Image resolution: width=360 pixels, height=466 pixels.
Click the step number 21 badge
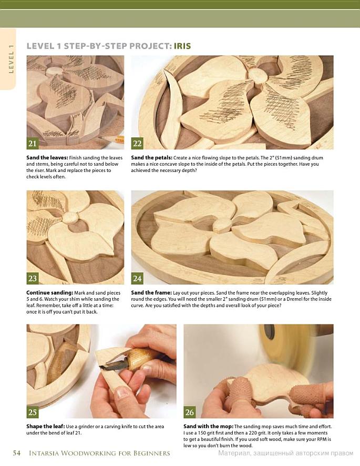(33, 143)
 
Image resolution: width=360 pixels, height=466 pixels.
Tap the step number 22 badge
(137, 143)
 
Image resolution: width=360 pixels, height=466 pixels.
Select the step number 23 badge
(33, 278)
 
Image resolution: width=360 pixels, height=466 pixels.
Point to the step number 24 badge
(137, 278)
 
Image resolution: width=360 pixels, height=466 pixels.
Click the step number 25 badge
(33, 412)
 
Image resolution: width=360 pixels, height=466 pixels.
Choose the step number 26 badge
(190, 412)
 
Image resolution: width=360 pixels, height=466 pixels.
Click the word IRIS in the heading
(182, 46)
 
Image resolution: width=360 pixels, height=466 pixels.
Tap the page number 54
(17, 453)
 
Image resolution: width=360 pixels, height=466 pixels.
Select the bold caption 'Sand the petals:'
(151, 158)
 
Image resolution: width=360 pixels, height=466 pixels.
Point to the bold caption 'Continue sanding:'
(49, 293)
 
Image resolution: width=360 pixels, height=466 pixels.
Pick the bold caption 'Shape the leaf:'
(45, 427)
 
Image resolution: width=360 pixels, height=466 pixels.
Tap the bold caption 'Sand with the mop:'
(208, 427)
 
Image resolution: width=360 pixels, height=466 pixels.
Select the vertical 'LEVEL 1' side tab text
(11, 59)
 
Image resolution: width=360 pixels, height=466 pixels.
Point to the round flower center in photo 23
(72, 218)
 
